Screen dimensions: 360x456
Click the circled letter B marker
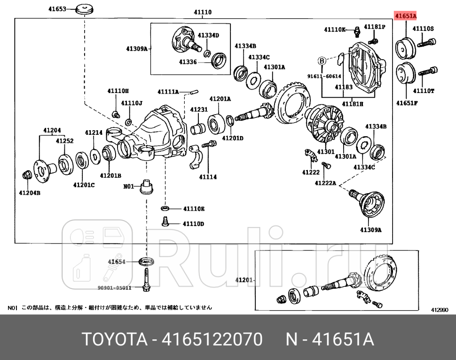coord(322,60)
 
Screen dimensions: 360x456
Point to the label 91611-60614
coord(324,76)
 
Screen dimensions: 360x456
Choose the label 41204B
coord(29,192)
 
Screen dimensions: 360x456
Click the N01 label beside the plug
coord(129,186)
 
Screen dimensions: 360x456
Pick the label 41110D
coord(194,224)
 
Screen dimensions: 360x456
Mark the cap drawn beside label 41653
coord(85,9)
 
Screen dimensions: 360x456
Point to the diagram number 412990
coord(440,310)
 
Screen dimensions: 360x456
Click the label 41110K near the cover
coord(335,30)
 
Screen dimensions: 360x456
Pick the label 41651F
coord(407,102)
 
